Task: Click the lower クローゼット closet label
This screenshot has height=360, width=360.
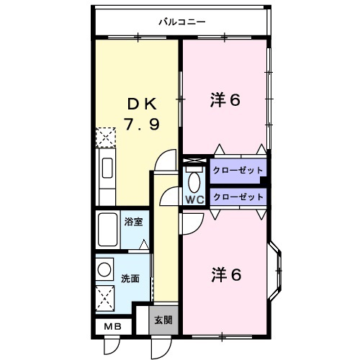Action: point(238,196)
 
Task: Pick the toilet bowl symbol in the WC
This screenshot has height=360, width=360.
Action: point(194,180)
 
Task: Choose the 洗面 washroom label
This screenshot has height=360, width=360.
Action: point(130,277)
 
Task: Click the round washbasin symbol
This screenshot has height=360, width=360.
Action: point(105,269)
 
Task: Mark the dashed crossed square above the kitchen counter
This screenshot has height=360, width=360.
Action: point(106,137)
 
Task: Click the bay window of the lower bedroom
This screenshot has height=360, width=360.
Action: point(277,271)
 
